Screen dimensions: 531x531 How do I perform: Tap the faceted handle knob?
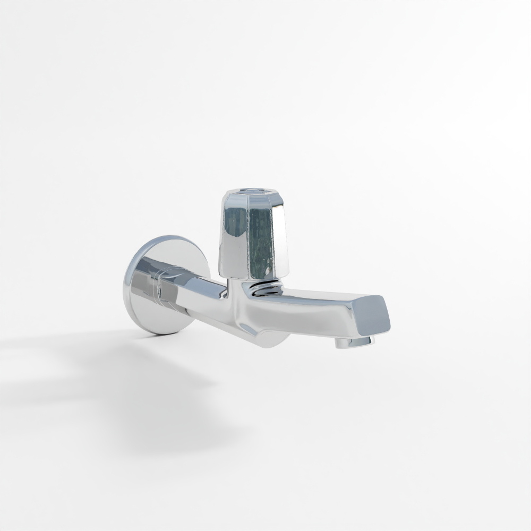coord(252,234)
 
